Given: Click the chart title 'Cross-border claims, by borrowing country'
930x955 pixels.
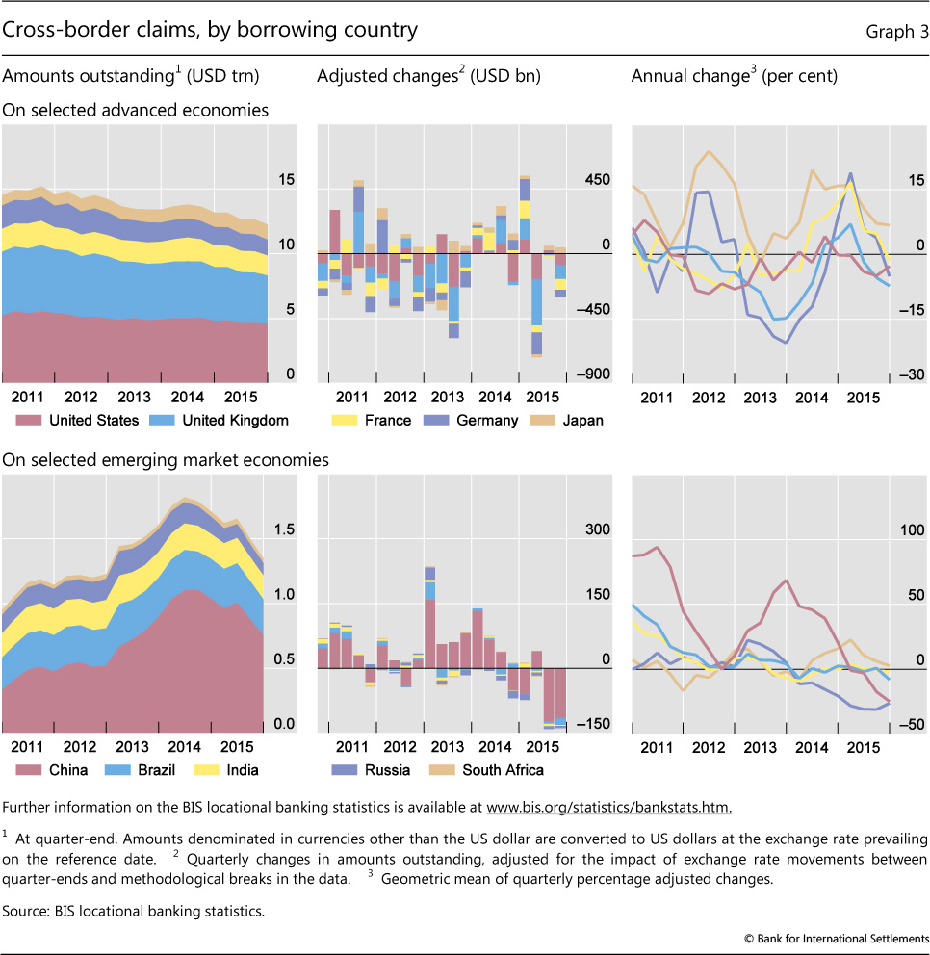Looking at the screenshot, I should coord(210,31).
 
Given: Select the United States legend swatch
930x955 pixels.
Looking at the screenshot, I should coord(26,421).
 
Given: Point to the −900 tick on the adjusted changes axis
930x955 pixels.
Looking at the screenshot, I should coord(592,375).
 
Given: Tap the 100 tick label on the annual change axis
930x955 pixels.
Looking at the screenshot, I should coord(907,530).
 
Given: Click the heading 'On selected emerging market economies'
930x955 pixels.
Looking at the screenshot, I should coord(166,461).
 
